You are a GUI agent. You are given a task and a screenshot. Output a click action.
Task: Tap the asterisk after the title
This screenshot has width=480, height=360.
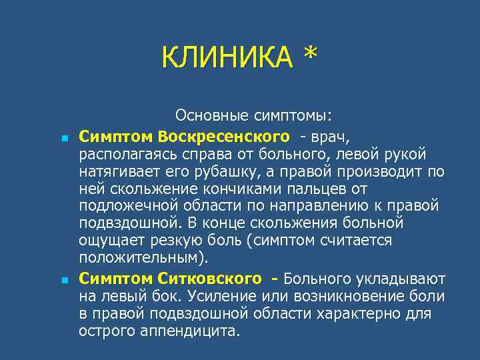point(309,57)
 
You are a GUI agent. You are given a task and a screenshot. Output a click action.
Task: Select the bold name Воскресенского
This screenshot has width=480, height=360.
point(225,136)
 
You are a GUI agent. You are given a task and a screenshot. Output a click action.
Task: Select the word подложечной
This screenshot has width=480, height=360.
point(126,205)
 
